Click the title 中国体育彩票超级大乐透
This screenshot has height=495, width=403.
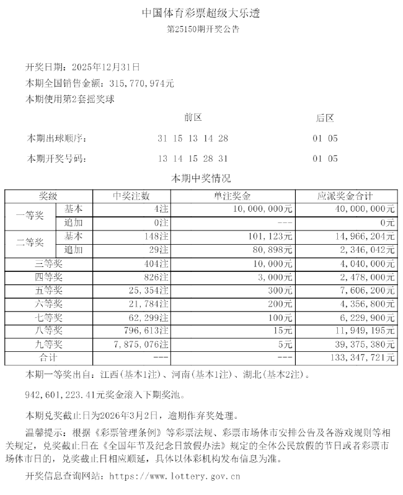[x=201, y=12]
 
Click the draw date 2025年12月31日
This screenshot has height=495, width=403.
[x=106, y=66]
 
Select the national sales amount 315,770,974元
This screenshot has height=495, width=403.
[x=141, y=82]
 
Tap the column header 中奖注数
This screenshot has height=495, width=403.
[x=131, y=196]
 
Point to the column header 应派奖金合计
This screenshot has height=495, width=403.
[x=345, y=196]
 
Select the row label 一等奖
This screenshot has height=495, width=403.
[x=30, y=216]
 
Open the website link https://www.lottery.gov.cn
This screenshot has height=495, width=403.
[x=174, y=476]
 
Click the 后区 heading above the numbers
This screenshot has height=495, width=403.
[x=325, y=118]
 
